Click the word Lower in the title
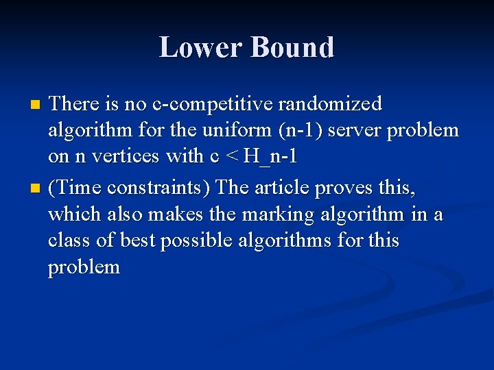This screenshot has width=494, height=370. (201, 47)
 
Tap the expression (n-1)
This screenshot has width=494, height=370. (299, 130)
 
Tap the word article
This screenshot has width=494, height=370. (283, 187)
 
